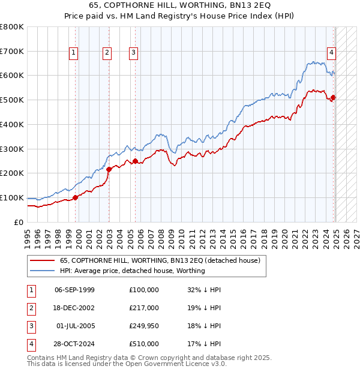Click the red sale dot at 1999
(x=75, y=197)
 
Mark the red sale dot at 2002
(x=109, y=169)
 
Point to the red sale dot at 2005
(x=135, y=161)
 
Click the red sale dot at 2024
(x=334, y=97)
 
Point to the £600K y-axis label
(x=12, y=76)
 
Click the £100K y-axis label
(x=12, y=197)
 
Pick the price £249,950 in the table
(x=144, y=326)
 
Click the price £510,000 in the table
(x=144, y=344)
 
